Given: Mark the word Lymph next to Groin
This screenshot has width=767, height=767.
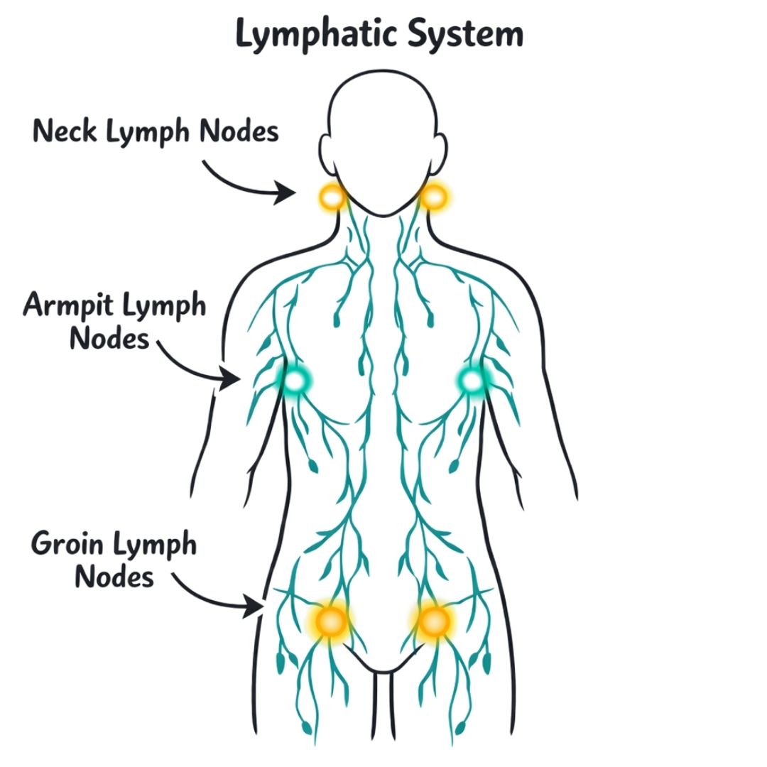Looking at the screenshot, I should coord(153,547).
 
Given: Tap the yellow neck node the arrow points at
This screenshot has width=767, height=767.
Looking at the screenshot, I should coord(331,195).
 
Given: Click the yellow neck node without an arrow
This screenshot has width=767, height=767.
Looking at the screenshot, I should coord(433,195).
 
